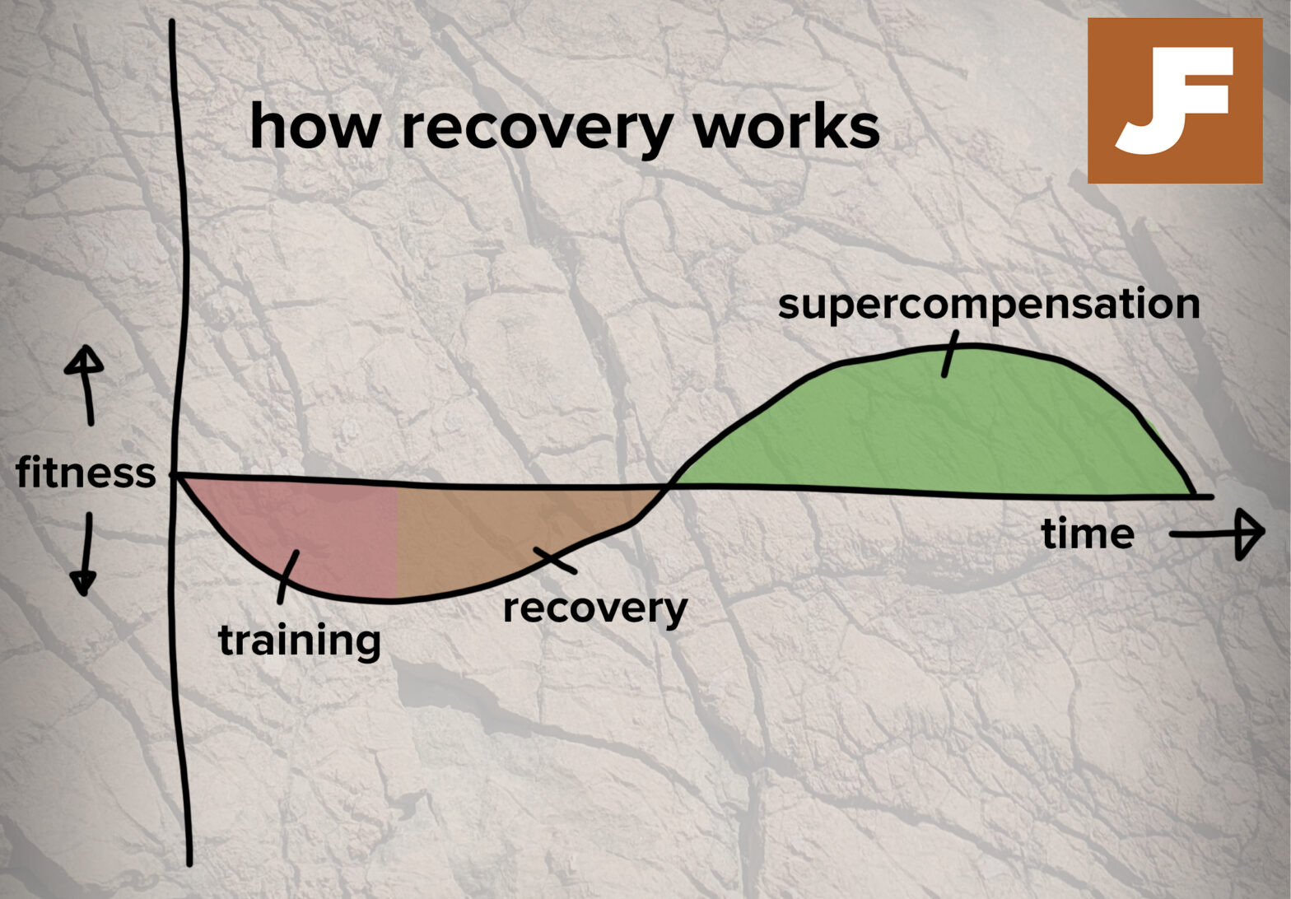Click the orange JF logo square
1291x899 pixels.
pos(1174,100)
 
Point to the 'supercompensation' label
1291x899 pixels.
pos(988,304)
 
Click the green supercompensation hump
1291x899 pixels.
pos(947,428)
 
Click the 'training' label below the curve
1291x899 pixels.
pos(299,640)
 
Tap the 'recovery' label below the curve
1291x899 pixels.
pos(594,609)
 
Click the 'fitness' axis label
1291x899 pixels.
pos(86,473)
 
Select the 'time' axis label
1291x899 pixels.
pos(1088,533)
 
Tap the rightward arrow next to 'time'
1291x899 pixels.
pos(1219,534)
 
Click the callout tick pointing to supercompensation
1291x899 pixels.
pos(950,354)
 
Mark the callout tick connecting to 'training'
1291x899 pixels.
pos(287,576)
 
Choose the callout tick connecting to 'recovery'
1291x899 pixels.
pos(555,560)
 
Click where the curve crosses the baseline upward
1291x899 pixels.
pos(669,487)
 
